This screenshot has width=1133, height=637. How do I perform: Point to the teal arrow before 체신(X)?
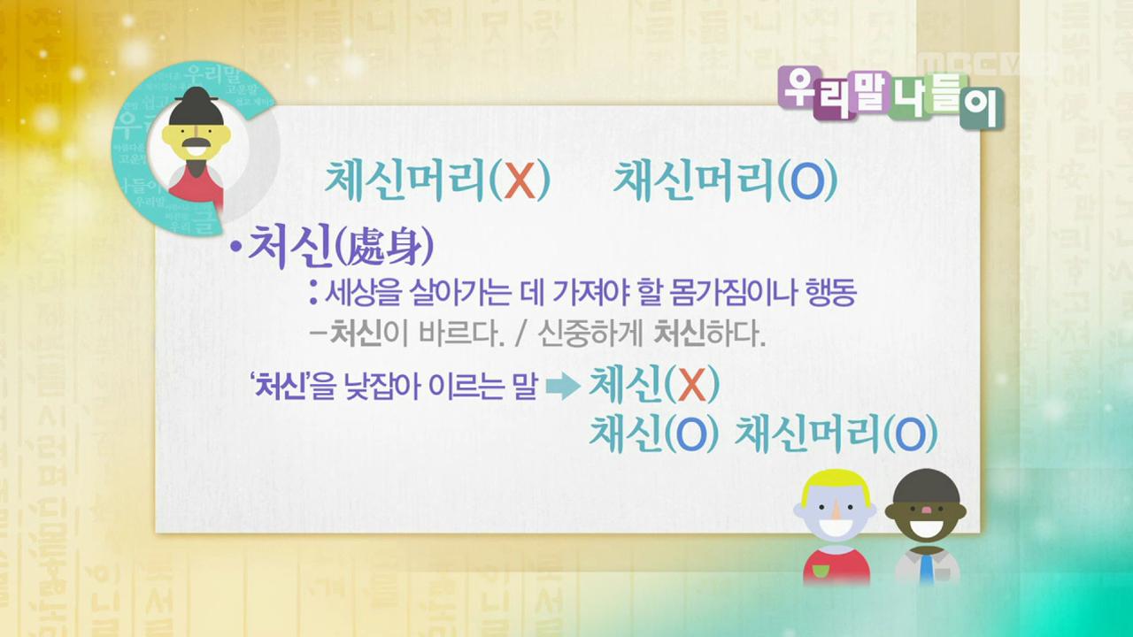(x=563, y=387)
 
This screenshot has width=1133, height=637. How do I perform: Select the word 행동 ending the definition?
(x=830, y=293)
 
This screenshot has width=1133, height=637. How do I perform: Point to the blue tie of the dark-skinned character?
(x=925, y=567)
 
